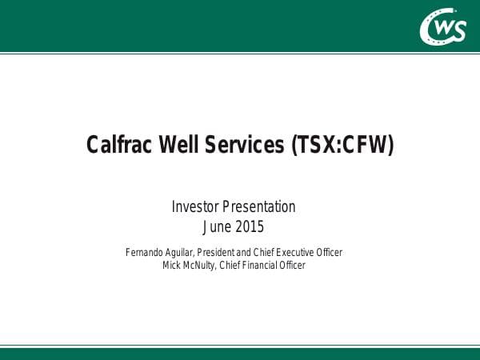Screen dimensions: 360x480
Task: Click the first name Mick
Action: coord(171,266)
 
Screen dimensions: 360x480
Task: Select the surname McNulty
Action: coord(203,266)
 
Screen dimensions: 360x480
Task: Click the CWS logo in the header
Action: coord(442,27)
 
